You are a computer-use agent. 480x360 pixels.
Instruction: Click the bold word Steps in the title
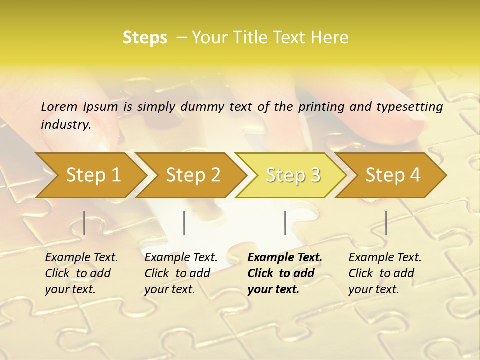point(145,38)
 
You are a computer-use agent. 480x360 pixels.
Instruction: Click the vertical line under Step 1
point(84,223)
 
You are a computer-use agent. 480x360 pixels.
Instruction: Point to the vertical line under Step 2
point(184,223)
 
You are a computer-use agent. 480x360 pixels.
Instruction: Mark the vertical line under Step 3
point(285,223)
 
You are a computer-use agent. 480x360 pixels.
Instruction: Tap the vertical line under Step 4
point(386,223)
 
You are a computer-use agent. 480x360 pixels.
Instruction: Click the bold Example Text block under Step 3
point(284,273)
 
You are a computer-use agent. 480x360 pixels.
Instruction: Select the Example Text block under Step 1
point(81,273)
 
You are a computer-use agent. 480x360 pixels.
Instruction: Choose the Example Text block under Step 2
point(181,273)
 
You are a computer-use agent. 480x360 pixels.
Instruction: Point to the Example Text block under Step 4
point(385,273)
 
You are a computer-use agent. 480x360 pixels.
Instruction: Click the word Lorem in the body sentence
point(59,107)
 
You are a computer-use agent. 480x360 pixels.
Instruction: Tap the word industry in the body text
point(66,125)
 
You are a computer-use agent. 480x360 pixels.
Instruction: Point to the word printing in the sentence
point(322,107)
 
